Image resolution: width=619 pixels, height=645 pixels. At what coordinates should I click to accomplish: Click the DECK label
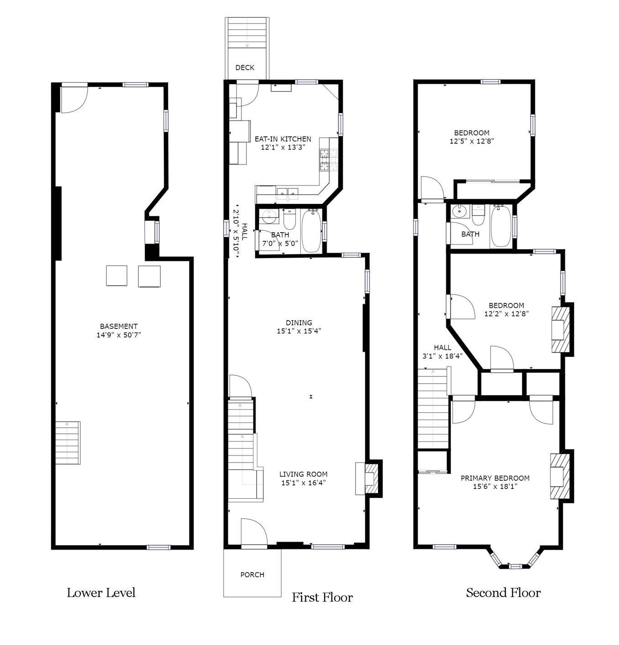[x=245, y=68]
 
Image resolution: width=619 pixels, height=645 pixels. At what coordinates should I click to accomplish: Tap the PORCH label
[x=252, y=574]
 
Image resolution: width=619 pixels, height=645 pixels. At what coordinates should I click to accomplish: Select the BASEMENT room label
[x=119, y=326]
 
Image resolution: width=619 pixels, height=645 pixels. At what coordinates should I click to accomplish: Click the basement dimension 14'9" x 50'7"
[x=119, y=335]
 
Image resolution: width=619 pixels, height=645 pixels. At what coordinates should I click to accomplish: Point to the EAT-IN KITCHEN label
[x=283, y=139]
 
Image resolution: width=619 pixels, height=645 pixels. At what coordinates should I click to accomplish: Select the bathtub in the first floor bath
[x=311, y=231]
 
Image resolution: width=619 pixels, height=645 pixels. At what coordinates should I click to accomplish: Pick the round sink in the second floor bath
[x=460, y=210]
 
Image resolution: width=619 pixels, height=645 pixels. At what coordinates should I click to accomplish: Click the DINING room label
[x=299, y=322]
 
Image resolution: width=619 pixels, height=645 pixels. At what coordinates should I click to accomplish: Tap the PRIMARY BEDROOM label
[x=495, y=478]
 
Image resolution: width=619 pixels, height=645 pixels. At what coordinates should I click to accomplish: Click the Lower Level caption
[x=101, y=593]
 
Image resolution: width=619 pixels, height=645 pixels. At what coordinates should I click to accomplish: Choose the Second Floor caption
[x=503, y=593]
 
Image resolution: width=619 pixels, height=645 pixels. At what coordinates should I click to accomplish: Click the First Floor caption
[x=322, y=597]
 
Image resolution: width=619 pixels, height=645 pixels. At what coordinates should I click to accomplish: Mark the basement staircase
[x=68, y=443]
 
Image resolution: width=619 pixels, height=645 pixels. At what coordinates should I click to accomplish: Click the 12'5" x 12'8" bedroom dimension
[x=472, y=141]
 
